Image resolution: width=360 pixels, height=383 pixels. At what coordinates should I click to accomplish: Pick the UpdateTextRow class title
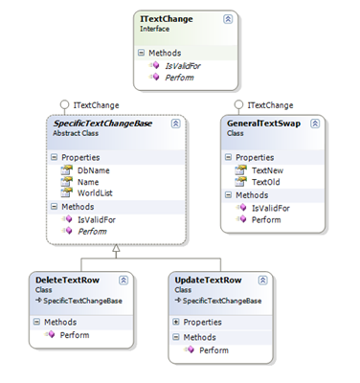click(x=208, y=280)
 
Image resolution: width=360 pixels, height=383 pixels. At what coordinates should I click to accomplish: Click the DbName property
click(x=95, y=169)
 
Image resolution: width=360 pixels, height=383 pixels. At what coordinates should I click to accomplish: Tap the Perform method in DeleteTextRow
click(x=75, y=335)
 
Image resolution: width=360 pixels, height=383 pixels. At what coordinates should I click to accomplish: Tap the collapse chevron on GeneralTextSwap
click(x=315, y=124)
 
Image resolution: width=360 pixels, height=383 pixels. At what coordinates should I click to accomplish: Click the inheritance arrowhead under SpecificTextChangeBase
click(x=116, y=248)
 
